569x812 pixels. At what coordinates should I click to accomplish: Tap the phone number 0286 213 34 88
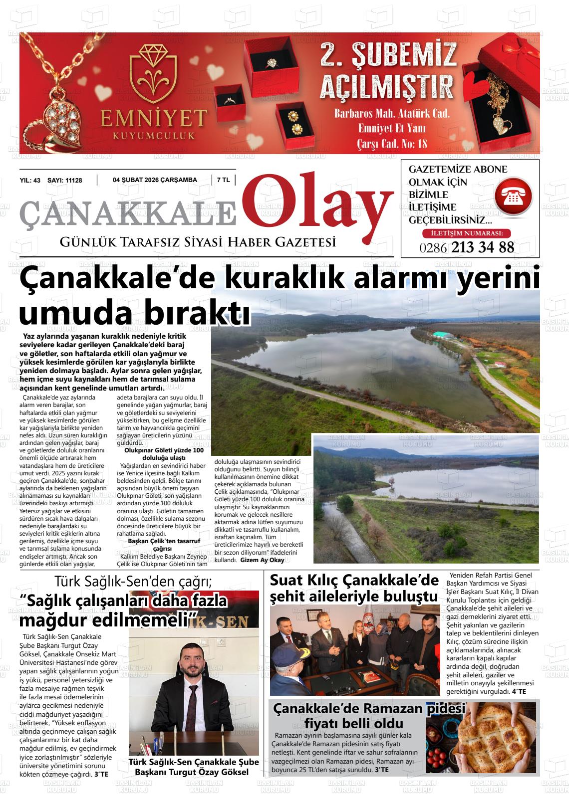pos(467,247)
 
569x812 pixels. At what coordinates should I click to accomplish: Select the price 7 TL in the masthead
pos(223,180)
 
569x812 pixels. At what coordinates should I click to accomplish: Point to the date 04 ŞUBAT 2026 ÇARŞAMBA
pos(155,180)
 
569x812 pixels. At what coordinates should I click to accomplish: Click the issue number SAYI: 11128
pos(64,181)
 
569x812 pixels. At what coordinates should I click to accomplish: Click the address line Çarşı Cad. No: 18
pos(392,144)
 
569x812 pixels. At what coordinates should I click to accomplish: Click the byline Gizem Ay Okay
pos(262,560)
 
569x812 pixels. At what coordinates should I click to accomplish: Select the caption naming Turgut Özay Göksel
pos(194,767)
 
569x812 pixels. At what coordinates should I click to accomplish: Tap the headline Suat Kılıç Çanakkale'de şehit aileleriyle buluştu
pos(354,588)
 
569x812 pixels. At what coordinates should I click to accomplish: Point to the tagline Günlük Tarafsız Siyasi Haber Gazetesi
pos(197,242)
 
